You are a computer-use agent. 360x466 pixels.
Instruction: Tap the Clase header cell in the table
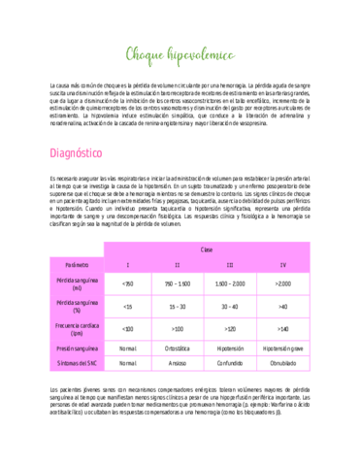coord(206,250)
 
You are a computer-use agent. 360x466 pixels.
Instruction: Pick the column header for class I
coord(127,265)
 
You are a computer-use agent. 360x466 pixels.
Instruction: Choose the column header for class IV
coord(282,265)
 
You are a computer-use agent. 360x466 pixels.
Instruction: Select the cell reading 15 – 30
coord(178,306)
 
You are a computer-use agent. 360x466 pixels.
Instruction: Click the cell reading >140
coord(282,329)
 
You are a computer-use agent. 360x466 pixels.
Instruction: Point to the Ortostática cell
coord(178,348)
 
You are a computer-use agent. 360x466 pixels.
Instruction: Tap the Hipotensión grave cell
coord(282,348)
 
